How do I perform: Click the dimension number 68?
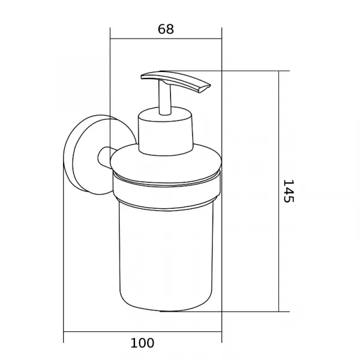166,29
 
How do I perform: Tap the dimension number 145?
289,191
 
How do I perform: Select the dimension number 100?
142,343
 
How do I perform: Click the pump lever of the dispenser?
176,81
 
